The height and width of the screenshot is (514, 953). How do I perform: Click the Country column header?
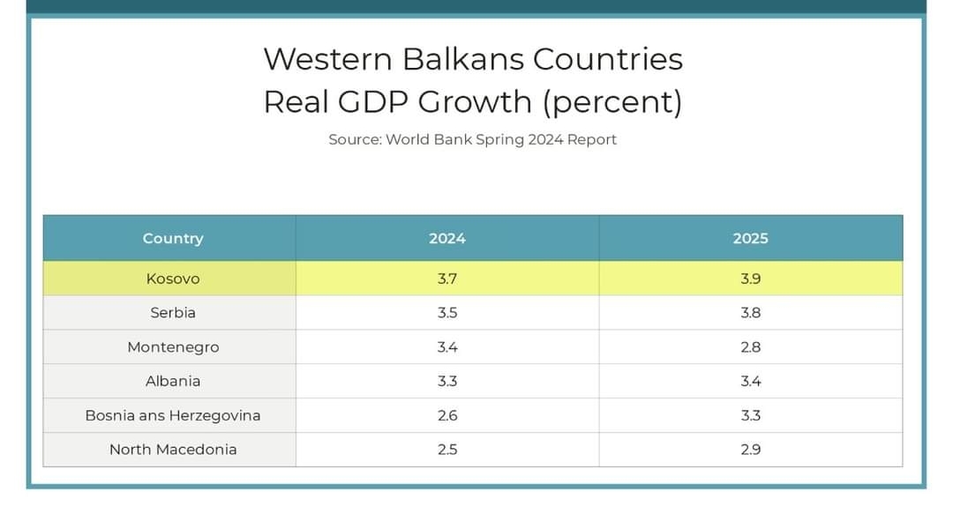173,238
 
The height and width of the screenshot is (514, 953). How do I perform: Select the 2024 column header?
447,238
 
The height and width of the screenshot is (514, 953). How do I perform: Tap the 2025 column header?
751,238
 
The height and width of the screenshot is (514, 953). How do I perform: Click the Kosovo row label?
173,279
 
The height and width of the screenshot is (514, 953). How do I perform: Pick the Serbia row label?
173,313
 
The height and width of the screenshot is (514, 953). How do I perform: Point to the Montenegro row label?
173,347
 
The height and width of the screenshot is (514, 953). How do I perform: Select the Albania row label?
173,382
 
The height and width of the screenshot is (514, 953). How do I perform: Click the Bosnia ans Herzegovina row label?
173,415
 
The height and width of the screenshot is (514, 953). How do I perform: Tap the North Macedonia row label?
173,450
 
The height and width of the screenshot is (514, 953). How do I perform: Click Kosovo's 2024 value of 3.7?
447,279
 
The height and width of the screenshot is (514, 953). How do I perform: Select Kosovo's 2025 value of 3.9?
751,279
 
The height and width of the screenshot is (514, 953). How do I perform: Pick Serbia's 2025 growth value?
751,313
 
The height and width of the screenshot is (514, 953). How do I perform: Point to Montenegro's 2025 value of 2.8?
751,347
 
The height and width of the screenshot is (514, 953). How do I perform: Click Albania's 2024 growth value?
447,382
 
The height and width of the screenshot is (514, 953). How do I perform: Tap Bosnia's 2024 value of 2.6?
447,415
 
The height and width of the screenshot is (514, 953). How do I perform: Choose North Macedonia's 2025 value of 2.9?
751,450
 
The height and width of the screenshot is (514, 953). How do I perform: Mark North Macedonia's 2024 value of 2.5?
447,450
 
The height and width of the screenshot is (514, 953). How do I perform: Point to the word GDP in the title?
374,101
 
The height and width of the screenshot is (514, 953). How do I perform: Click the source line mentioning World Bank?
473,139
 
